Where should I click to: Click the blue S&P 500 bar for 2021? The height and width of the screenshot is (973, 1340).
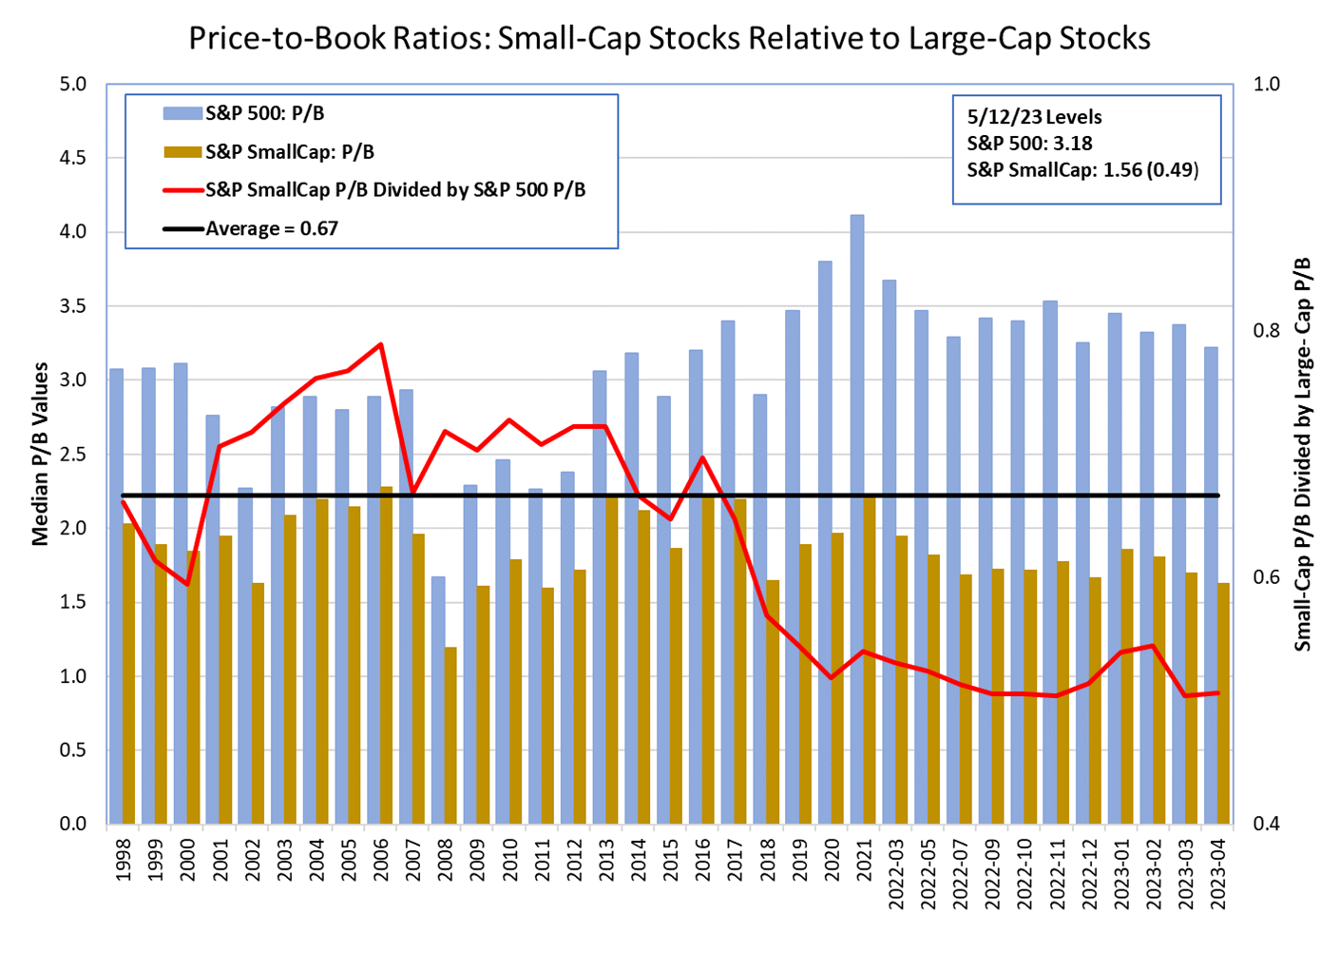pos(857,518)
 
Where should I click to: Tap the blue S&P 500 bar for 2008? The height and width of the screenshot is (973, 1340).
pos(437,699)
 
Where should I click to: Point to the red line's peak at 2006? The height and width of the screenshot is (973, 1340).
pos(380,344)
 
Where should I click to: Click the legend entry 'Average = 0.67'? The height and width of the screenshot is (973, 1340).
pos(272,228)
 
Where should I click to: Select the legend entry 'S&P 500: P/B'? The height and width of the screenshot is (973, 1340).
pos(264,113)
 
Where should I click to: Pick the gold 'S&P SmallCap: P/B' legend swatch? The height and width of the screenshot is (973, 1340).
pos(182,151)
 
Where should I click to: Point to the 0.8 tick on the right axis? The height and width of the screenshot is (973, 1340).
pos(1267,331)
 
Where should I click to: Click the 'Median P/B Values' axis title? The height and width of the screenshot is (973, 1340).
pos(40,454)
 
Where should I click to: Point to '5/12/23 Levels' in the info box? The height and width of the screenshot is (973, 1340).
pos(1034,117)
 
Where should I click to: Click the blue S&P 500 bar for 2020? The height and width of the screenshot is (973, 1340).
pos(825,542)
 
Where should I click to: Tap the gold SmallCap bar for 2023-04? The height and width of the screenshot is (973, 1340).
pos(1223,703)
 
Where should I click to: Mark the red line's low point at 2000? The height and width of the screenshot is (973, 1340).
pos(188,584)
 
